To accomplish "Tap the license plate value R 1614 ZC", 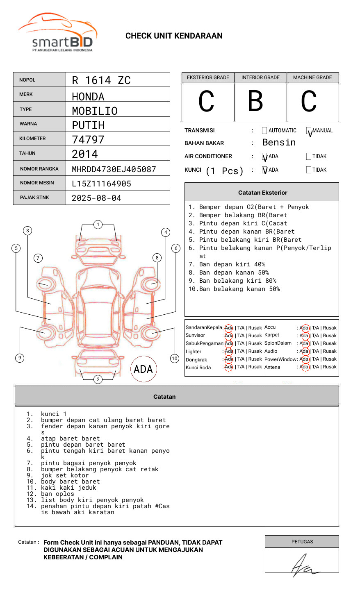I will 101,80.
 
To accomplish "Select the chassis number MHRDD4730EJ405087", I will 114,169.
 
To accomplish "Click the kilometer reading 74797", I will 88,139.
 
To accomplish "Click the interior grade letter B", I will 255,101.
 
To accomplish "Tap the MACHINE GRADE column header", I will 312,77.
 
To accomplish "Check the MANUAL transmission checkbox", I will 309,131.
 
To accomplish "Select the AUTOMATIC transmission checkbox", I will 264,131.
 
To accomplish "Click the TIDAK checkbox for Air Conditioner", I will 309,156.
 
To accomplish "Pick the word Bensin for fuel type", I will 279,143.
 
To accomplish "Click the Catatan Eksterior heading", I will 262,193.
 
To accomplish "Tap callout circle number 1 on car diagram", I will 98,224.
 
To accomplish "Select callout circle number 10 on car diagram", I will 175,359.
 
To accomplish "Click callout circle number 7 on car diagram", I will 38,258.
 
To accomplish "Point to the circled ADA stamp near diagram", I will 143,369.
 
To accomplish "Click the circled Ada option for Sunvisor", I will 229,336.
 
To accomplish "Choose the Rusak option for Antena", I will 330,367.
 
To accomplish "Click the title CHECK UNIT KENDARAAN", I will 174,36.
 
